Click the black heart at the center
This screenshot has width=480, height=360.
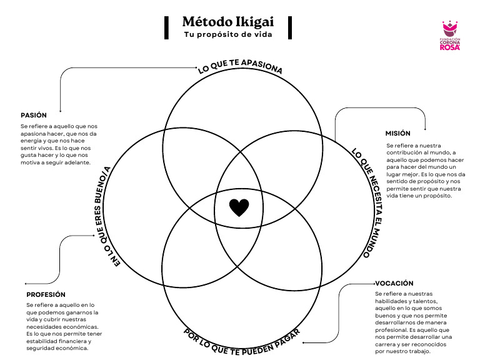[239, 207]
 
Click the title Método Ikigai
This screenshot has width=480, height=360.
[229, 22]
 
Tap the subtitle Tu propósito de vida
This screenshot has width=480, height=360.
[228, 34]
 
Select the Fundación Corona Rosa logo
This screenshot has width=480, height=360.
[451, 36]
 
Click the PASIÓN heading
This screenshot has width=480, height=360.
[34, 115]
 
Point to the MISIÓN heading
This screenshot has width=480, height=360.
[397, 133]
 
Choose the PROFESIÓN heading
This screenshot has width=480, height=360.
[46, 294]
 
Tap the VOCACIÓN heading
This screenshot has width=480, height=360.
[394, 283]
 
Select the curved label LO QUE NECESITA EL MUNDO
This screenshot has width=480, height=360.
[366, 203]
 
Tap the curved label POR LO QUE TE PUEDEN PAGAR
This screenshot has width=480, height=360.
[242, 340]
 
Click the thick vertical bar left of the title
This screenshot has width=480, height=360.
[167, 27]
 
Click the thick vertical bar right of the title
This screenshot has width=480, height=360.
[290, 27]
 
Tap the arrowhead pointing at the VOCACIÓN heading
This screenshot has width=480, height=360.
[371, 284]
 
